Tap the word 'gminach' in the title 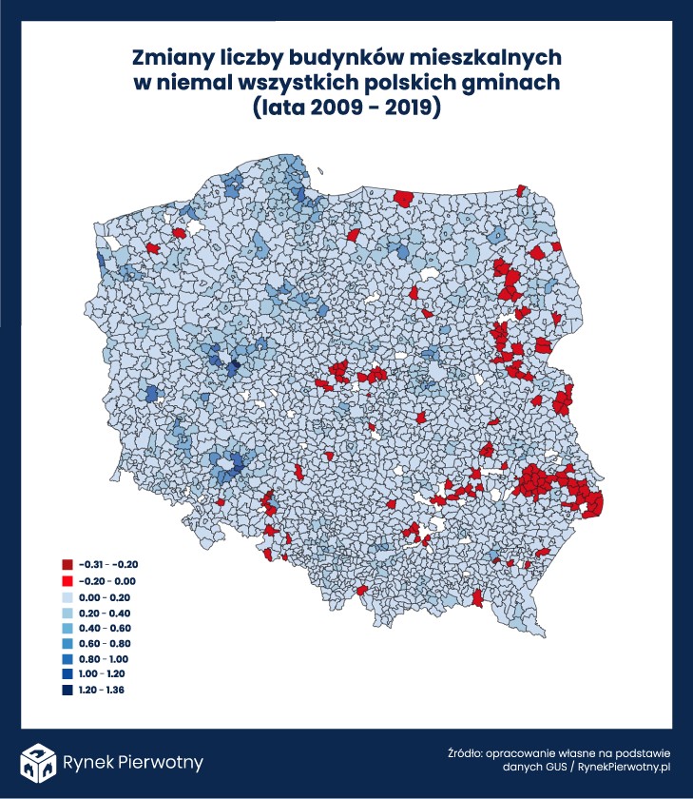pyautogui.click(x=514, y=83)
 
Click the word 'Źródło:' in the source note pyautogui.click(x=465, y=750)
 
